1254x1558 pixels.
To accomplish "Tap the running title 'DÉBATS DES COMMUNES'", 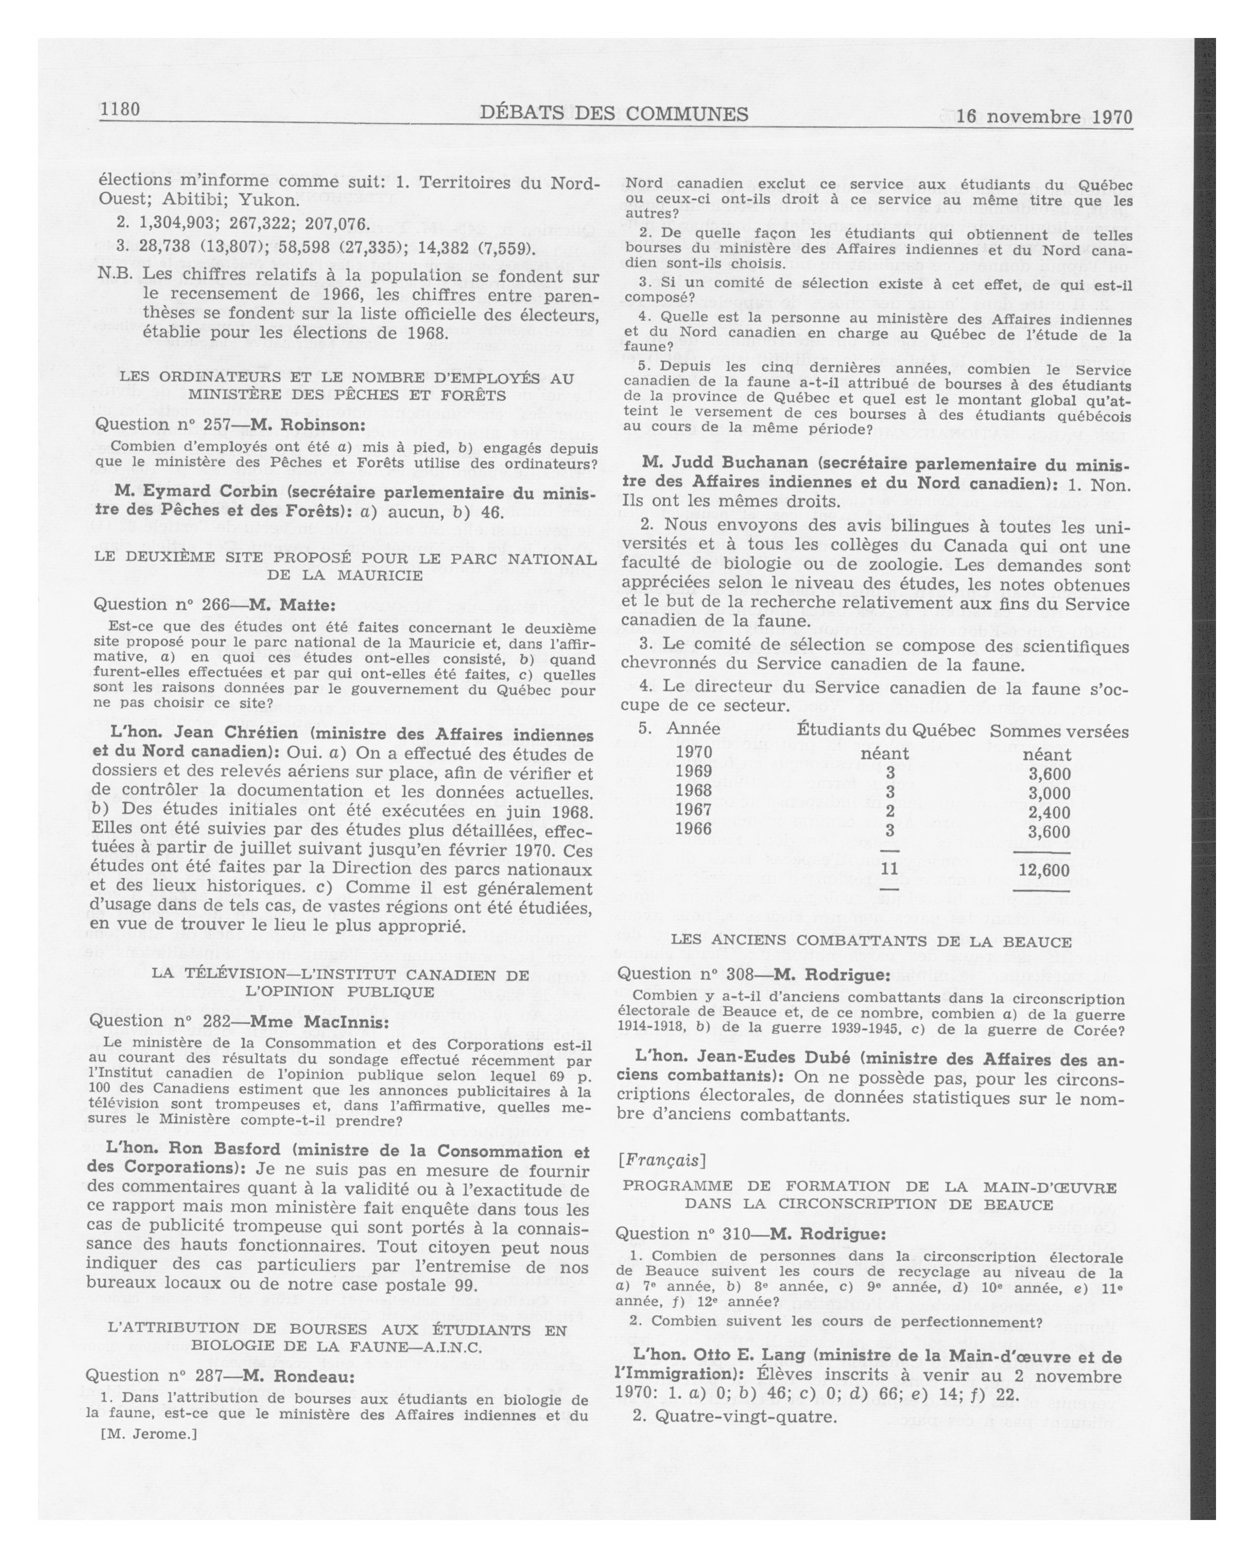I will (x=614, y=113).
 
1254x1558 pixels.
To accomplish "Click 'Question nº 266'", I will (x=157, y=604).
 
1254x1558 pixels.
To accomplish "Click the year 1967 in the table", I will (x=693, y=809).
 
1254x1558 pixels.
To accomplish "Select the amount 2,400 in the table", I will (x=1049, y=812).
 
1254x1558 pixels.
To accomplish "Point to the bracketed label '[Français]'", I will (x=661, y=1160).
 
